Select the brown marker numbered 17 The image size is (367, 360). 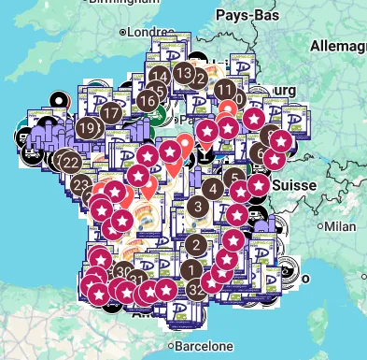[x=111, y=114]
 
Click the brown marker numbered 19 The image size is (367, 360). [x=87, y=128]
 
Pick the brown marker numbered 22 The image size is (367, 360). [x=71, y=161]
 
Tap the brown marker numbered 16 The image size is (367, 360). [x=148, y=100]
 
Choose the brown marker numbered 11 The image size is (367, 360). [x=225, y=90]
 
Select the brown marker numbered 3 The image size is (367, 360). [x=197, y=207]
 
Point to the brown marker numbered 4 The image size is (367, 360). [x=214, y=190]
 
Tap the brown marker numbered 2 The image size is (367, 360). [x=195, y=245]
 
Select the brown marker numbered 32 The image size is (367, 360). [x=196, y=290]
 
